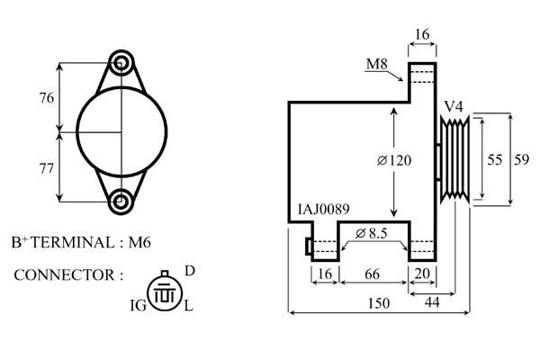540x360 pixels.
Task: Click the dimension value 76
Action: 47,98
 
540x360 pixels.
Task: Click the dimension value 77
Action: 47,169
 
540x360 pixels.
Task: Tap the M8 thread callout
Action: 377,64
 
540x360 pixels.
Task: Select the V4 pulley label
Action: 454,107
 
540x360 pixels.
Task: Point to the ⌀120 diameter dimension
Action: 394,160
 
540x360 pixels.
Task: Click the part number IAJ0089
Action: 323,209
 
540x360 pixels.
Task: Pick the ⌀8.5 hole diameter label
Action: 372,234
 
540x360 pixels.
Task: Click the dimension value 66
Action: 373,274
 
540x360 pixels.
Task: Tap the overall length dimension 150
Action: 379,303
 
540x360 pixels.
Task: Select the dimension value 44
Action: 432,302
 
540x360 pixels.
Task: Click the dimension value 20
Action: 422,274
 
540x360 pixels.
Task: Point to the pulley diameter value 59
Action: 521,159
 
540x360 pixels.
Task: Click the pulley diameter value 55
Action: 495,159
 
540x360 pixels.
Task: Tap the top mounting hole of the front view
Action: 121,63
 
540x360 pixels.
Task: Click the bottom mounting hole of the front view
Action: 121,202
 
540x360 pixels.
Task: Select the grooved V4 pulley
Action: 454,159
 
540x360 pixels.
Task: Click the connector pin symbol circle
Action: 165,294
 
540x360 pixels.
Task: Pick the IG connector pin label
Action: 139,305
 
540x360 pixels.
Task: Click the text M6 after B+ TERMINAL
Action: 139,242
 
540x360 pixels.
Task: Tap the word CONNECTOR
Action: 64,275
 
